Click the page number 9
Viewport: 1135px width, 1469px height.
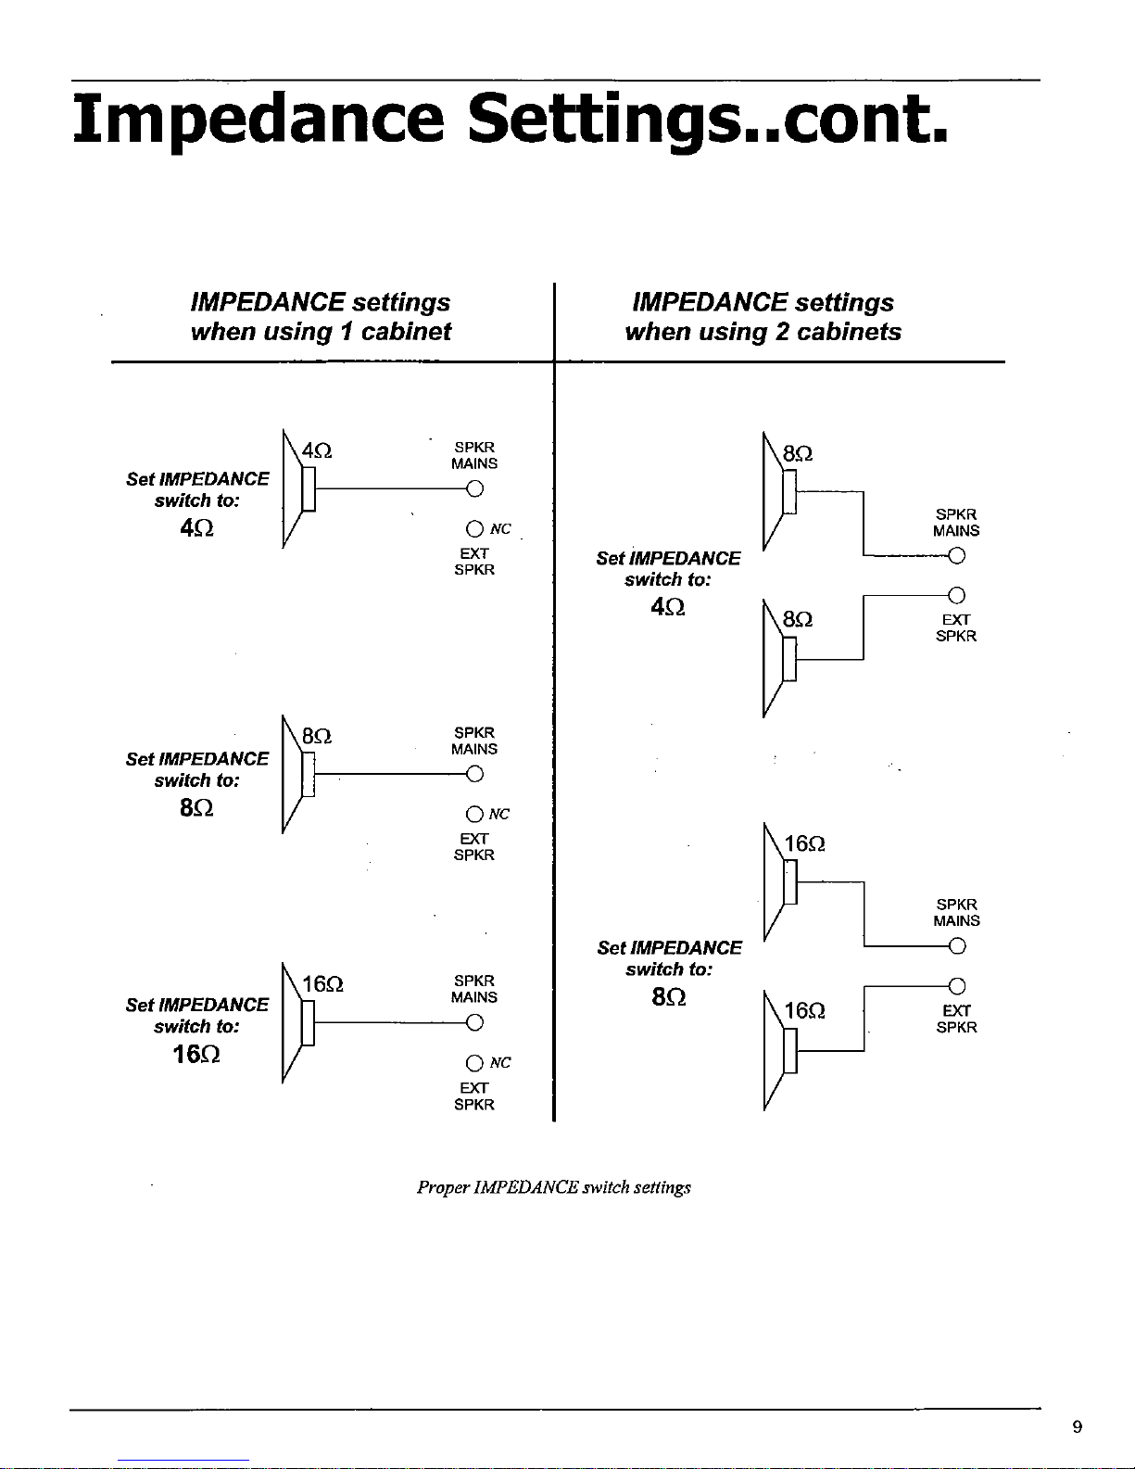pyautogui.click(x=1077, y=1427)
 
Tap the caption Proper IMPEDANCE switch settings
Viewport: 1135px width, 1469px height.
pyautogui.click(x=554, y=1187)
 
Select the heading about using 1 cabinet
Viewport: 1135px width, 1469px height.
pyautogui.click(x=320, y=317)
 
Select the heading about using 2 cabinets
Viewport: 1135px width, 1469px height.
pyautogui.click(x=763, y=317)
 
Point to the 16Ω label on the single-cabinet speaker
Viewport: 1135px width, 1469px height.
pyautogui.click(x=323, y=984)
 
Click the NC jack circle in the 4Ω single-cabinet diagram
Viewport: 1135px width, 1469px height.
pyautogui.click(x=474, y=529)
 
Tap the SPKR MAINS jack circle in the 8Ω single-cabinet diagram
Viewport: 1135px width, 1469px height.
pyautogui.click(x=474, y=774)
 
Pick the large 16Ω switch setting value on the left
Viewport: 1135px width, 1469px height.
pyautogui.click(x=196, y=1055)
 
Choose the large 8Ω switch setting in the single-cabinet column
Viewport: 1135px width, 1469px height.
pyautogui.click(x=197, y=808)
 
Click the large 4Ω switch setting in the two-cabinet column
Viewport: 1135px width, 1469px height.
pyautogui.click(x=668, y=608)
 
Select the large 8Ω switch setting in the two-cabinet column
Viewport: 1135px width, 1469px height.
pyautogui.click(x=668, y=999)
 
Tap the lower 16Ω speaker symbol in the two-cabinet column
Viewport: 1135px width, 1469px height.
pyautogui.click(x=779, y=1050)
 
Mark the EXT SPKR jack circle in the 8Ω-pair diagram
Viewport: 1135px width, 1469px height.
pyautogui.click(x=956, y=595)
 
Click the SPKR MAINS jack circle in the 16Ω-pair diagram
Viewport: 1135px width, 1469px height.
pyautogui.click(x=956, y=946)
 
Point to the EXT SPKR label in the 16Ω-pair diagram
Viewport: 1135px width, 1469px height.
pyautogui.click(x=956, y=1019)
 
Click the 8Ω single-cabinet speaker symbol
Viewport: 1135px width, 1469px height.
pyautogui.click(x=297, y=776)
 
